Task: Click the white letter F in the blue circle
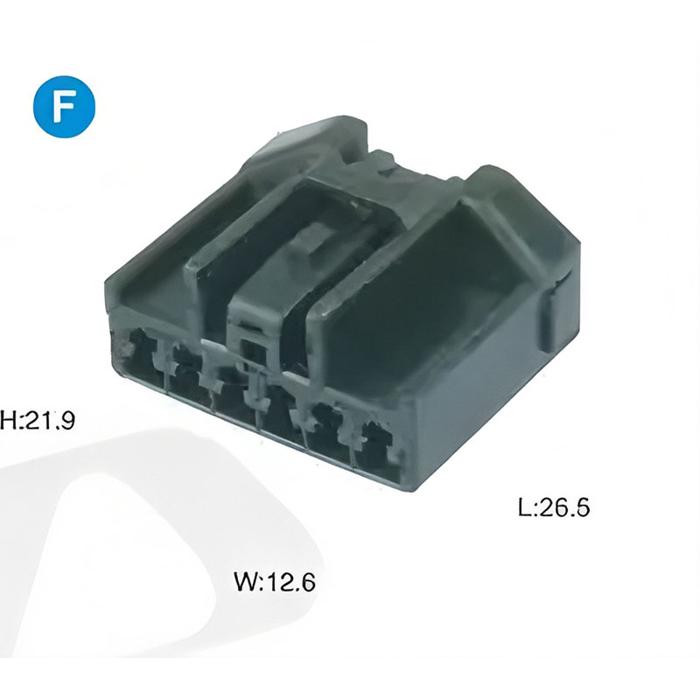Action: pyautogui.click(x=63, y=107)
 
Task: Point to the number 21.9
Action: pyautogui.click(x=49, y=420)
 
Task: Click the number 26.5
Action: pyautogui.click(x=564, y=507)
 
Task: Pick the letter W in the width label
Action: pyautogui.click(x=245, y=582)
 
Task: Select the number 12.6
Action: pyautogui.click(x=291, y=582)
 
